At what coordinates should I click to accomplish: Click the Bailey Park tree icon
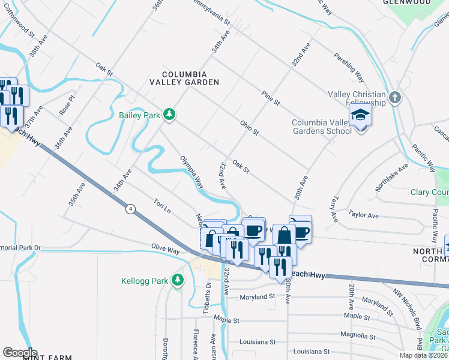point(170,114)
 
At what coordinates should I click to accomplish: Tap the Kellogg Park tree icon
point(177,280)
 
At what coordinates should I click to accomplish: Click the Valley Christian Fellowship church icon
point(394,97)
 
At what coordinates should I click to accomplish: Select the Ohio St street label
point(249,128)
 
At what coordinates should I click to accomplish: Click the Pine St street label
point(271,98)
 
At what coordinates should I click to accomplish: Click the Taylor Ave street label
point(364,214)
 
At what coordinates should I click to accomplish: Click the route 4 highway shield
point(130,209)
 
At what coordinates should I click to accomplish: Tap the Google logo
point(20,353)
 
